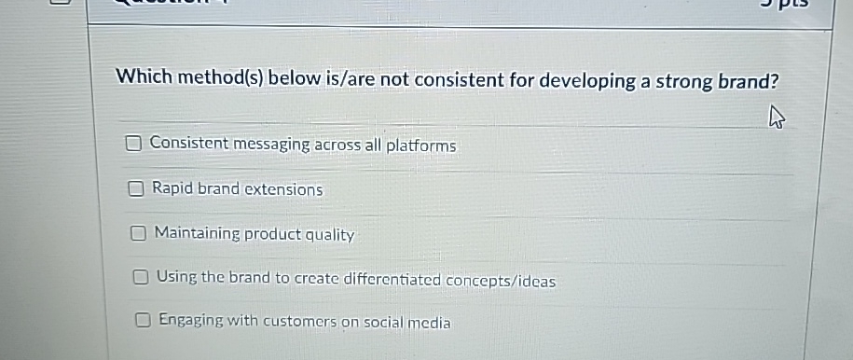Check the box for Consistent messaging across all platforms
134,144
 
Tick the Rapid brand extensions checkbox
136,189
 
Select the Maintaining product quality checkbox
138,234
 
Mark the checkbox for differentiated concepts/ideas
141,278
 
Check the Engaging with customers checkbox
143,321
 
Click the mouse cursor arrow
777,118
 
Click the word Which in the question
144,76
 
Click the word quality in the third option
330,235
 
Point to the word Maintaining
198,233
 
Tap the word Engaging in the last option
191,320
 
